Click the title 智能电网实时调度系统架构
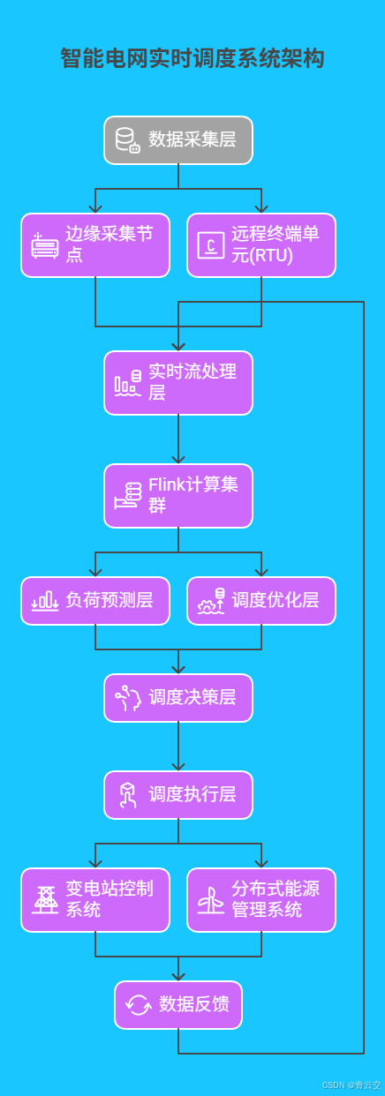[x=192, y=59]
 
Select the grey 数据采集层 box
[x=178, y=140]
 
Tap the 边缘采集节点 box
[x=95, y=245]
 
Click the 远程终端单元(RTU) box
[x=261, y=245]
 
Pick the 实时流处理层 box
[x=178, y=383]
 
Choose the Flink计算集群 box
[x=178, y=496]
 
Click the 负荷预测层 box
[x=95, y=601]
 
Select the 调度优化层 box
[x=261, y=601]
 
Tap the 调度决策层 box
[x=178, y=698]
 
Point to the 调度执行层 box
[x=178, y=795]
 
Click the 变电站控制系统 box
[x=95, y=900]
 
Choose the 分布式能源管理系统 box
[x=261, y=900]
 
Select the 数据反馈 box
[x=178, y=1005]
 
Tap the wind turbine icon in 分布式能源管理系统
[x=210, y=900]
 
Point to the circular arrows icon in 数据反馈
[x=139, y=1005]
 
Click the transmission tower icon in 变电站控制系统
[x=45, y=900]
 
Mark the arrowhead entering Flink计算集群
[x=178, y=459]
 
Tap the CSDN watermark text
[x=351, y=1085]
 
